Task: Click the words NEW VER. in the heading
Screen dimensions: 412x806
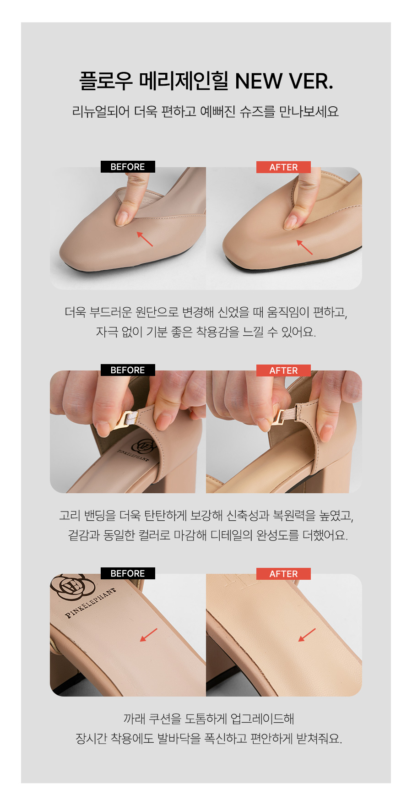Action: (284, 81)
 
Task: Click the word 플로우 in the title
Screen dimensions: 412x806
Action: (106, 81)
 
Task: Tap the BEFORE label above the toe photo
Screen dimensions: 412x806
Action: (128, 167)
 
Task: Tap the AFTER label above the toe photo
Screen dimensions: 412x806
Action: (283, 167)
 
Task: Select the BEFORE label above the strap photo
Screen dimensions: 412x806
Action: (128, 370)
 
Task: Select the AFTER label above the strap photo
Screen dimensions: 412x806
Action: (283, 370)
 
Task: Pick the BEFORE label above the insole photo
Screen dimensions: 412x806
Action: (128, 573)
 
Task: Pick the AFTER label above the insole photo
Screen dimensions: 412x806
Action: (283, 574)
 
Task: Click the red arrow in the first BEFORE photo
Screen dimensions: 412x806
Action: (145, 239)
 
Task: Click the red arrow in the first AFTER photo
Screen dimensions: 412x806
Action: (304, 247)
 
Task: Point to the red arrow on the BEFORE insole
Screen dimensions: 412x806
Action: (148, 635)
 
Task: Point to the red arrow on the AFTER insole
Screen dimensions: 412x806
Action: (307, 635)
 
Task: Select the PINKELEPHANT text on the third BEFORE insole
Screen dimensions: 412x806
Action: (90, 603)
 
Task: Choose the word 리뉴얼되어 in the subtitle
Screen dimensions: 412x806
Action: (101, 111)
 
